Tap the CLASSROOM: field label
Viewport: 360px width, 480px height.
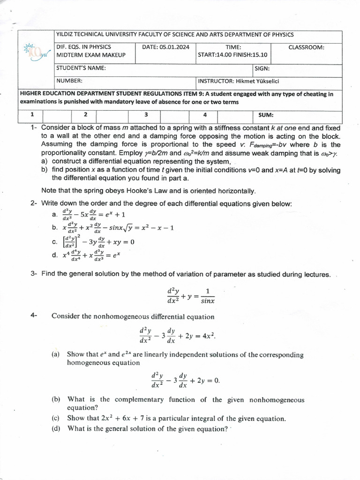coord(306,47)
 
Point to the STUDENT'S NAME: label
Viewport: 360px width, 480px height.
coord(81,68)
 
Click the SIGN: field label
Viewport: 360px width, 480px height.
coord(262,68)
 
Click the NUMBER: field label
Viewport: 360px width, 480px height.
coord(70,81)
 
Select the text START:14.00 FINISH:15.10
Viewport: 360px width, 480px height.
coord(233,55)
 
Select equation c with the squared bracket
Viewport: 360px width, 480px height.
coord(98,241)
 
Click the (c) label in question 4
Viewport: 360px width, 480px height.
coord(56,418)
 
